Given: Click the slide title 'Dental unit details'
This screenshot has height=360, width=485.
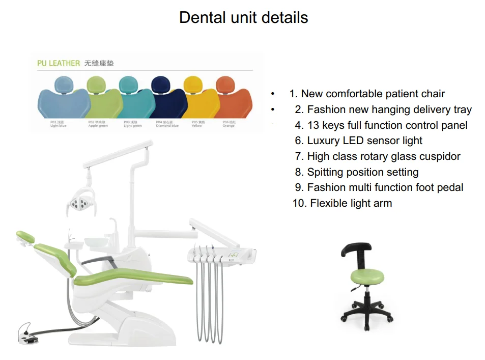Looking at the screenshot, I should (243, 18).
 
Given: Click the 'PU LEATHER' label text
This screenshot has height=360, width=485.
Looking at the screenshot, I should (59, 63).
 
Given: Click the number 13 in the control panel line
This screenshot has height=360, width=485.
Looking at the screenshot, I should (313, 125).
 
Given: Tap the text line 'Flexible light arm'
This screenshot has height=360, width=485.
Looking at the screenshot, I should (351, 203).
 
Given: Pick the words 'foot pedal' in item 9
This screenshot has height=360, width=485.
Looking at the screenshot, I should (439, 187).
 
